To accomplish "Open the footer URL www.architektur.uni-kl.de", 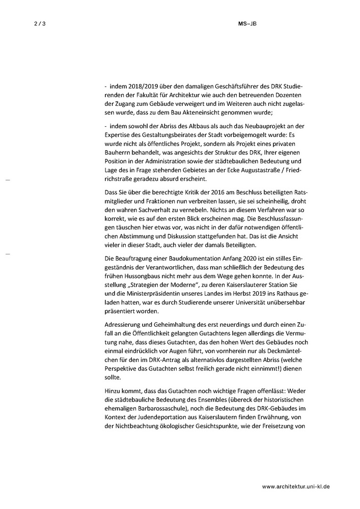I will coord(296,487).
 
